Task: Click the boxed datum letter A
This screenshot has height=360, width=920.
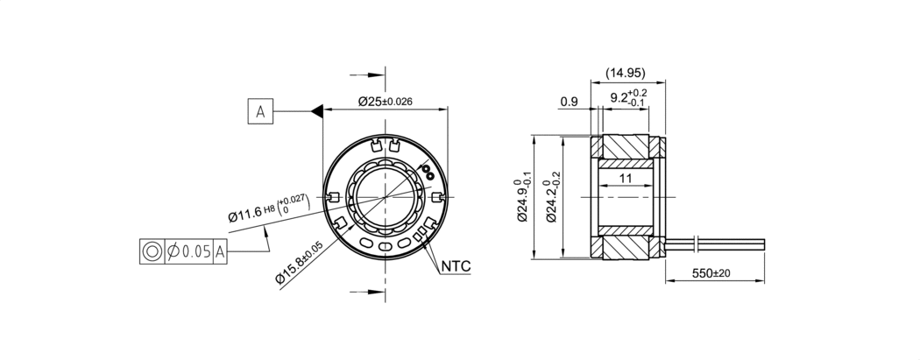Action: click(260, 111)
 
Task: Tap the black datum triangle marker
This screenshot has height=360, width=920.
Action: click(317, 111)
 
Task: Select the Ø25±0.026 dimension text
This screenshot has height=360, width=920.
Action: click(385, 102)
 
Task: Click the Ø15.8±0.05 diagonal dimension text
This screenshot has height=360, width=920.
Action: click(300, 263)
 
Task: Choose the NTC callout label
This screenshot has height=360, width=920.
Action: click(456, 266)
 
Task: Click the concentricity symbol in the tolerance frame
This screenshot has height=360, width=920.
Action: click(152, 251)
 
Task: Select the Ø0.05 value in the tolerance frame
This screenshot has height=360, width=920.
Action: click(189, 251)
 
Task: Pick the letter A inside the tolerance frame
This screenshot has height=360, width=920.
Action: click(220, 252)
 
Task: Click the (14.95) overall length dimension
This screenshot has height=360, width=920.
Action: click(626, 74)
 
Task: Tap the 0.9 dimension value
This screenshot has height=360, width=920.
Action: click(569, 102)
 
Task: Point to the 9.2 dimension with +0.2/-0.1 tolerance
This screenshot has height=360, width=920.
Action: click(628, 97)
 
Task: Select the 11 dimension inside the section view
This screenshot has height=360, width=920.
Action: click(626, 178)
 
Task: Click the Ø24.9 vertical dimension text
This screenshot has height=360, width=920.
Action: click(523, 197)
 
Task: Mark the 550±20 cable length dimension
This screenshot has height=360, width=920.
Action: click(711, 273)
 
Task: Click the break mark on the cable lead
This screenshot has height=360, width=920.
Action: click(696, 244)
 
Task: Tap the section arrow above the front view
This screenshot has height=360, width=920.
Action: click(367, 75)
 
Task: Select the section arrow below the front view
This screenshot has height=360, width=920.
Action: click(367, 292)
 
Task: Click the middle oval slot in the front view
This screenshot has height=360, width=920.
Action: click(385, 245)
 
